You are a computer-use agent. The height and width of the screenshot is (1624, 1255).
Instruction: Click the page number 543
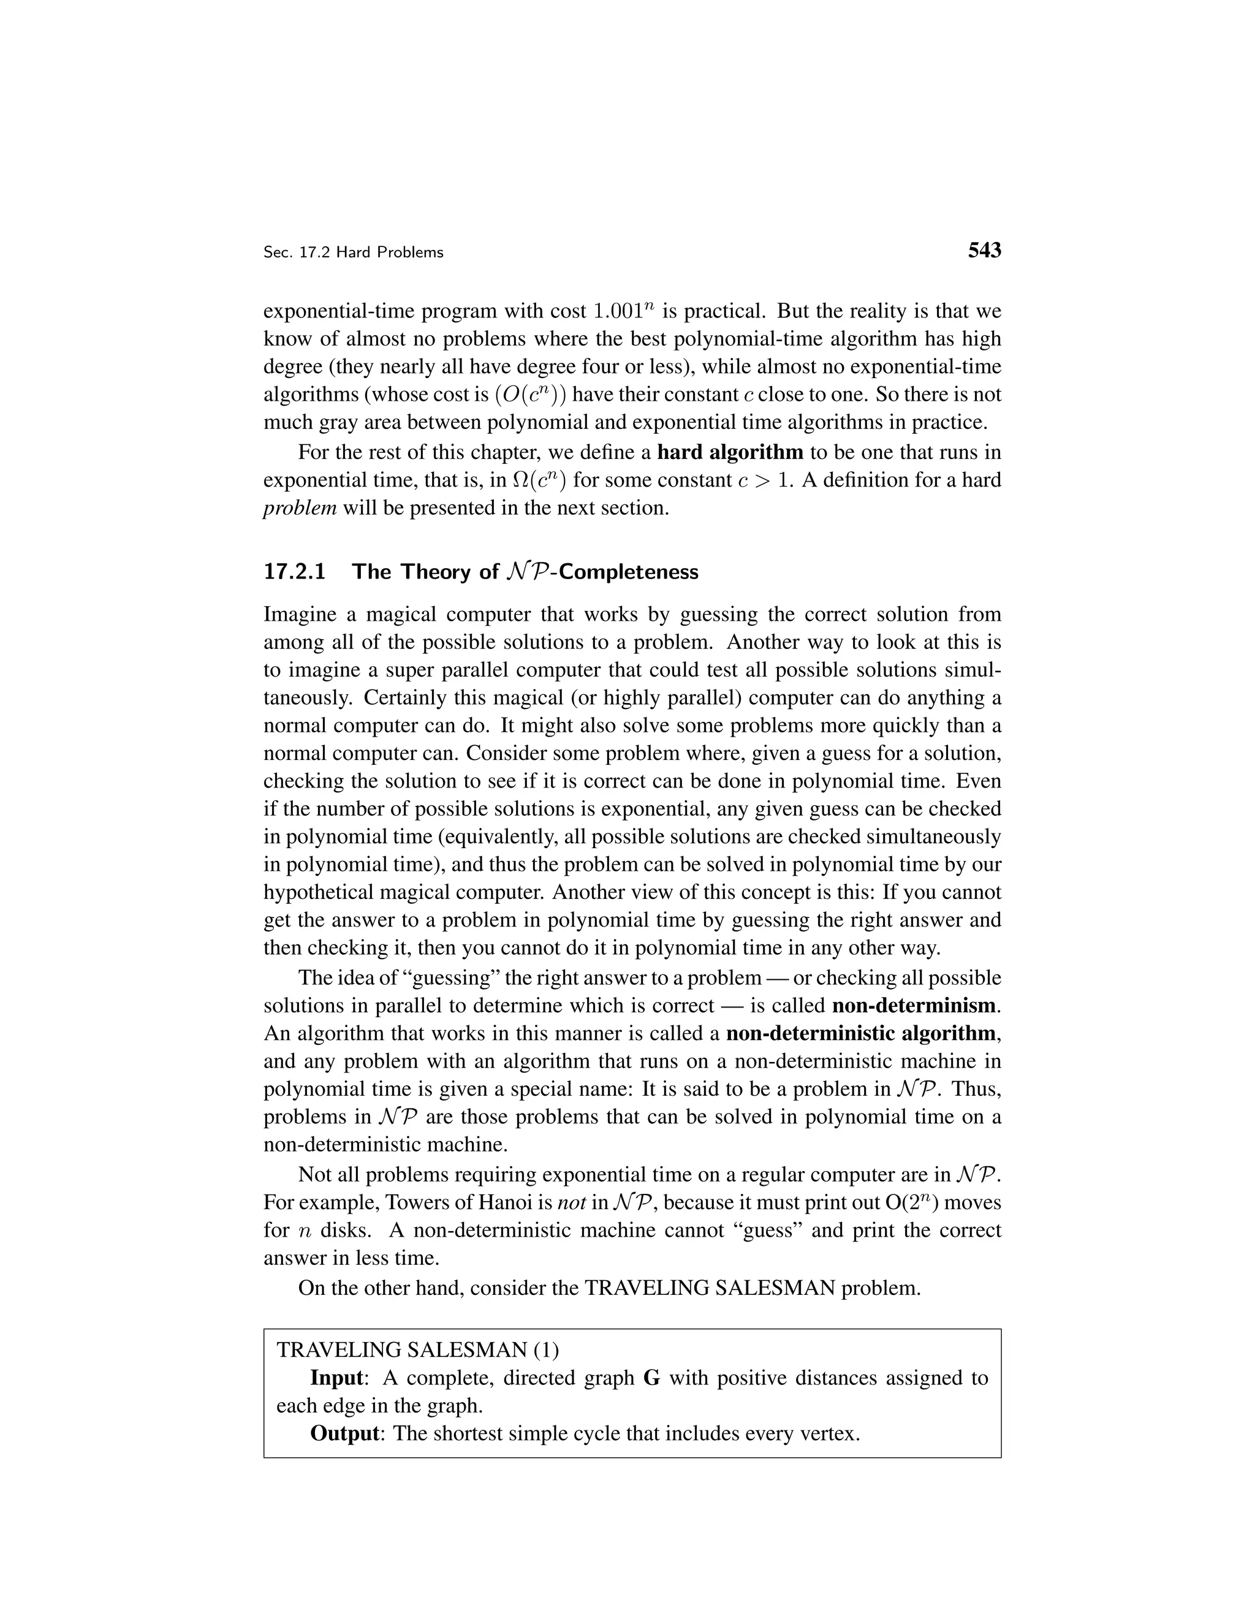984,251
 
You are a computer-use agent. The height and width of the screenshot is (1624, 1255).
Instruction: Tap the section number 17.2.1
294,572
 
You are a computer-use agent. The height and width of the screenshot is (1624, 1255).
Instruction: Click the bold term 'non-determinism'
914,1005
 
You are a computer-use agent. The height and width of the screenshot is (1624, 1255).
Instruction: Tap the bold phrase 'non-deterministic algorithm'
861,1033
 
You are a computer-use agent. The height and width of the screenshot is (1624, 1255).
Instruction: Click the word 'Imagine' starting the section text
300,615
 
